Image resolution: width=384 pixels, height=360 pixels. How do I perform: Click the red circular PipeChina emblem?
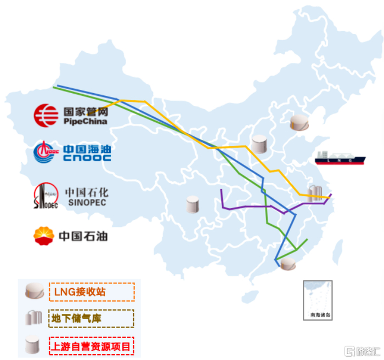(46, 114)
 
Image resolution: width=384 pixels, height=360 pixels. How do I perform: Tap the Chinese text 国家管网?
(84, 110)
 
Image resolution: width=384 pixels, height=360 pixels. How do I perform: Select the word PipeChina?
(84, 121)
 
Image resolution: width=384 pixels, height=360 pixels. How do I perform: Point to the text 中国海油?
(87, 148)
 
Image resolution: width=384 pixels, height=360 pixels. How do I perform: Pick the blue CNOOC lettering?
(87, 158)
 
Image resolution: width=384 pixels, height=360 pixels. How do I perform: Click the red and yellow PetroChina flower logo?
(44, 235)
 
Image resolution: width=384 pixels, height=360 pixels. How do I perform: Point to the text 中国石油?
(83, 236)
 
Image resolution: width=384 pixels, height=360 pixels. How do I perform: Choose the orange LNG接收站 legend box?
(92, 292)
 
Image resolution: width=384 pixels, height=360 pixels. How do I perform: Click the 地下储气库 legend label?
(92, 318)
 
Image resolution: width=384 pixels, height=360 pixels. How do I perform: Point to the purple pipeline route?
(252, 207)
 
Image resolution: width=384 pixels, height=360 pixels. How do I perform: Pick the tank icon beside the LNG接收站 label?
(34, 291)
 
